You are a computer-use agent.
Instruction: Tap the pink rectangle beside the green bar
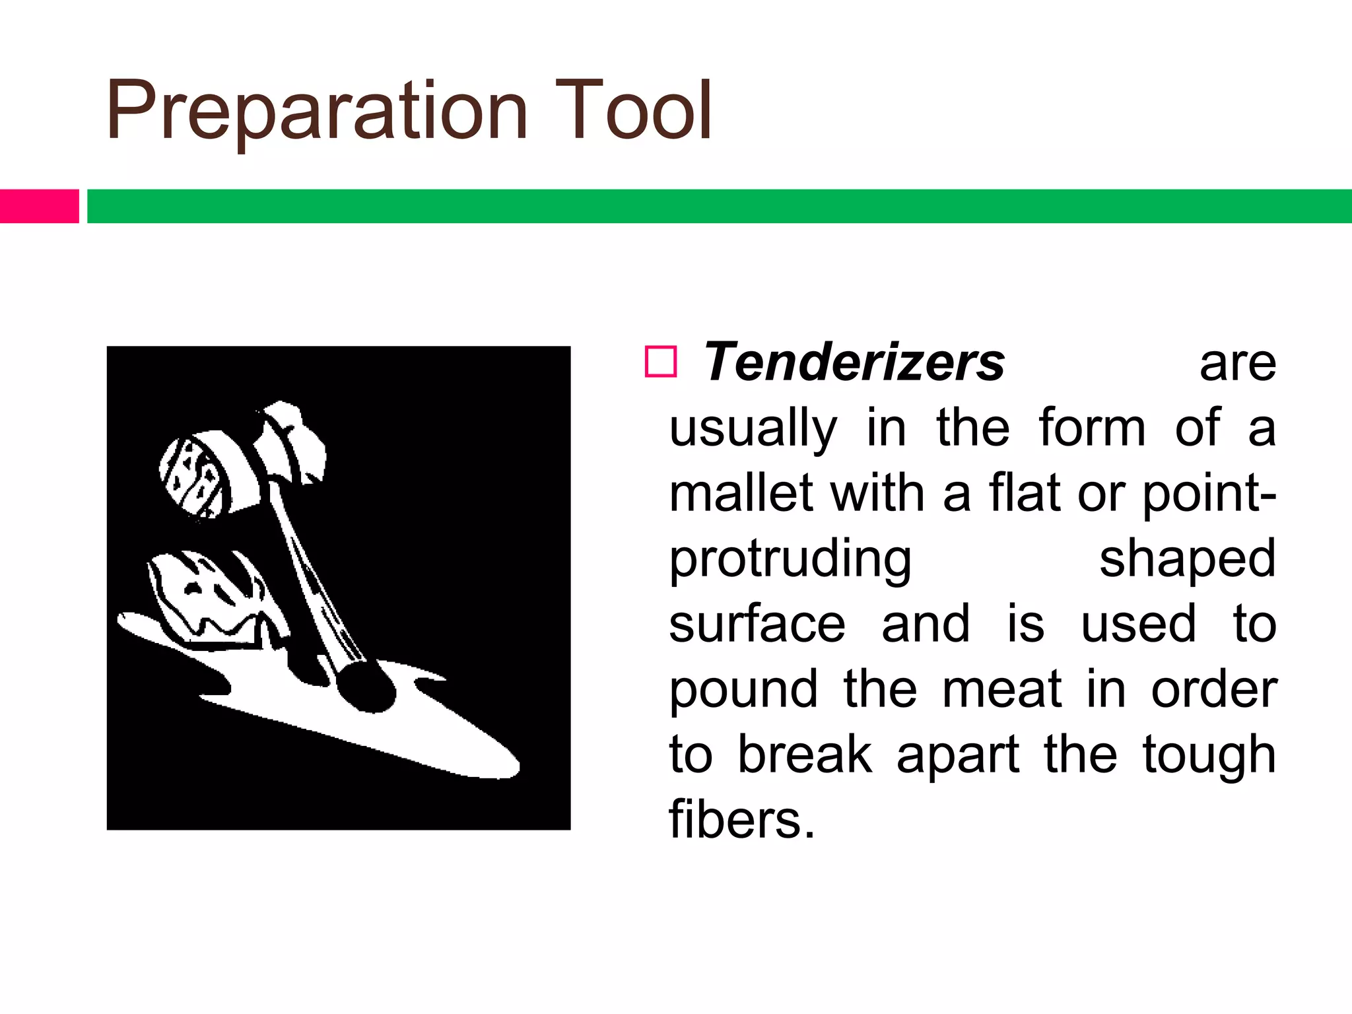coord(39,206)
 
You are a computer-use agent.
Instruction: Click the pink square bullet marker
coord(661,362)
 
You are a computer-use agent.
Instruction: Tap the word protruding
coord(790,560)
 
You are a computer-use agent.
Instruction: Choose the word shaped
coord(1187,560)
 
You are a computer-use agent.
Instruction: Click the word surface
coord(757,624)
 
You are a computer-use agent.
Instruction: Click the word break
coord(804,755)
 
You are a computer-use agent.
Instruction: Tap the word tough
coord(1209,755)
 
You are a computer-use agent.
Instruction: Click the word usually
coord(753,429)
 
